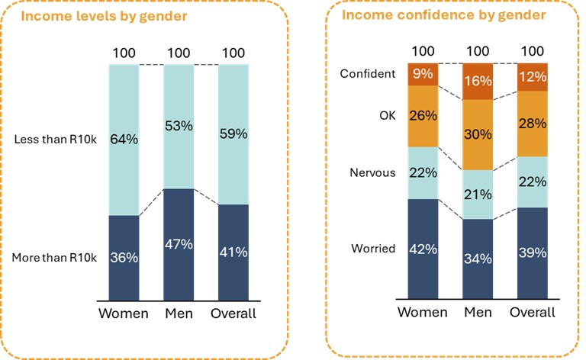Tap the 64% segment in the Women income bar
[x=123, y=140]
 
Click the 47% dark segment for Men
[x=178, y=244]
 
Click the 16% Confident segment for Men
[x=478, y=79]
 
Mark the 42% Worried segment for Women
[x=423, y=249]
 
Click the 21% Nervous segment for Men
[x=478, y=194]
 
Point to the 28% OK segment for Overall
[x=533, y=124]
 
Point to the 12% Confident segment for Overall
[x=533, y=78]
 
